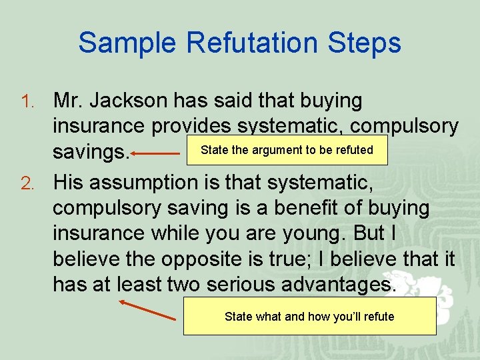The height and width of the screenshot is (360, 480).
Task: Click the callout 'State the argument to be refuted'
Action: point(287,150)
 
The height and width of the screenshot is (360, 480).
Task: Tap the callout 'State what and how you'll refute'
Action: point(309,317)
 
